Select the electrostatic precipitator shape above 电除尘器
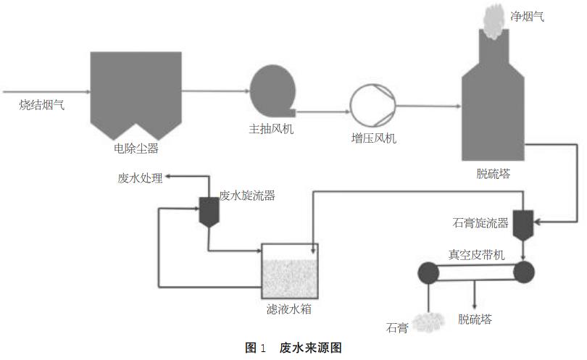[136, 91]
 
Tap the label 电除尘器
[136, 149]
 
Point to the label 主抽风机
[271, 130]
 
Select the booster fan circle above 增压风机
[372, 105]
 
